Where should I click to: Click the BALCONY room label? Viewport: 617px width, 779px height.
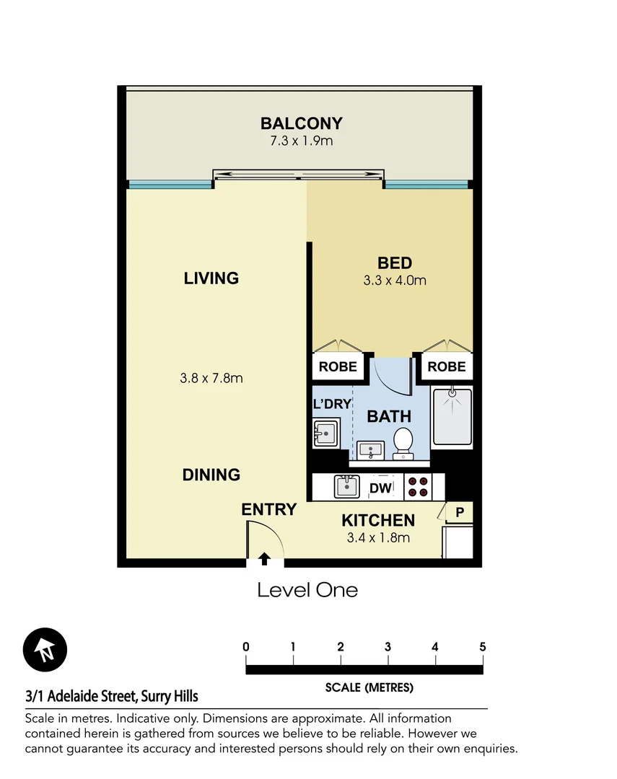pos(302,123)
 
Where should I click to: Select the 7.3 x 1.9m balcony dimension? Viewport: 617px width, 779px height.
pos(302,141)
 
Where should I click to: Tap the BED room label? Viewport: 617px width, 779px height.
pos(395,263)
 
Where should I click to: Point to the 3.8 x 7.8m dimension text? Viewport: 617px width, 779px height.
pos(211,378)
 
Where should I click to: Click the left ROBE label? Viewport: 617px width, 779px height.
pos(338,366)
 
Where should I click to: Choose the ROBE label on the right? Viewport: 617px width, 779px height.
pos(447,366)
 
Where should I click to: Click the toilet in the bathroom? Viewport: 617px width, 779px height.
pos(403,441)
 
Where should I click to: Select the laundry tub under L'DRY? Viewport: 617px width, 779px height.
pos(327,436)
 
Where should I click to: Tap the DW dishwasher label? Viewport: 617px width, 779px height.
pos(380,488)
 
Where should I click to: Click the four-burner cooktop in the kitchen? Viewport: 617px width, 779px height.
pos(417,488)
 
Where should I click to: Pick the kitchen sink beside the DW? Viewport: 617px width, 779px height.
pos(347,487)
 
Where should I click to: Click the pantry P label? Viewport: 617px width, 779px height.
pos(459,512)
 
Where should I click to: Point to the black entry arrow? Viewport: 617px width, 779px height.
pos(264,558)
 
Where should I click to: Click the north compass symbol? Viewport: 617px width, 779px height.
pos(45,649)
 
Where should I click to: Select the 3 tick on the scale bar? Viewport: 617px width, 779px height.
pos(388,647)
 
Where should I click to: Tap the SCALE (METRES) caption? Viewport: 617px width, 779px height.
pos(369,687)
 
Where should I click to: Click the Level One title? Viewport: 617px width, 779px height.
pos(307,590)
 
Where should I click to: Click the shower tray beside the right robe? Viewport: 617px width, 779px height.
pos(452,417)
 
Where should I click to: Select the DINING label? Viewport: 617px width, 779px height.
pos(211,475)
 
